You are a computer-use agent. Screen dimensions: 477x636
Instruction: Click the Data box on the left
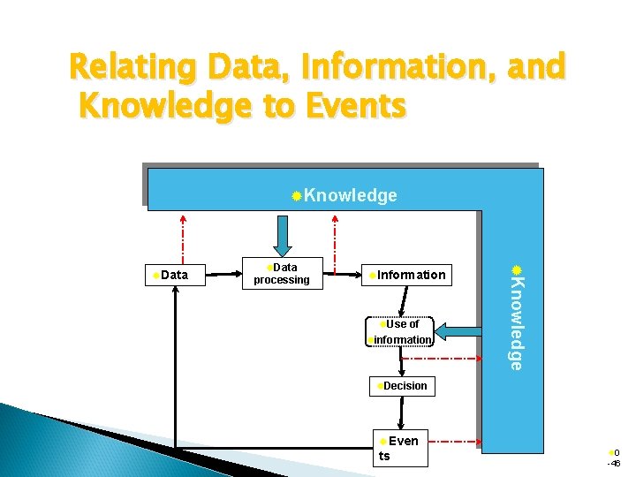pos(175,276)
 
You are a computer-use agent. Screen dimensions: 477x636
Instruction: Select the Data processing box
pos(282,274)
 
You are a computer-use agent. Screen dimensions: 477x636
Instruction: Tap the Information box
pos(407,275)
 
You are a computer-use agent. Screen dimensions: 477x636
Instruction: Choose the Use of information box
pos(400,331)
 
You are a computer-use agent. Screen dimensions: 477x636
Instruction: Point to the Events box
pos(402,448)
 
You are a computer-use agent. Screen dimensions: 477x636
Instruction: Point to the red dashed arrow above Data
pos(183,236)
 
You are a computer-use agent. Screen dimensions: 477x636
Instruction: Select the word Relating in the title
pos(134,67)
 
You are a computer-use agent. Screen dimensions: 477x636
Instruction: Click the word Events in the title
pos(354,106)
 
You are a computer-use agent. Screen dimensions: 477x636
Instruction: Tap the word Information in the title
pos(397,67)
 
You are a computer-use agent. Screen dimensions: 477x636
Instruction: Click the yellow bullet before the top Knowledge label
pos(298,194)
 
